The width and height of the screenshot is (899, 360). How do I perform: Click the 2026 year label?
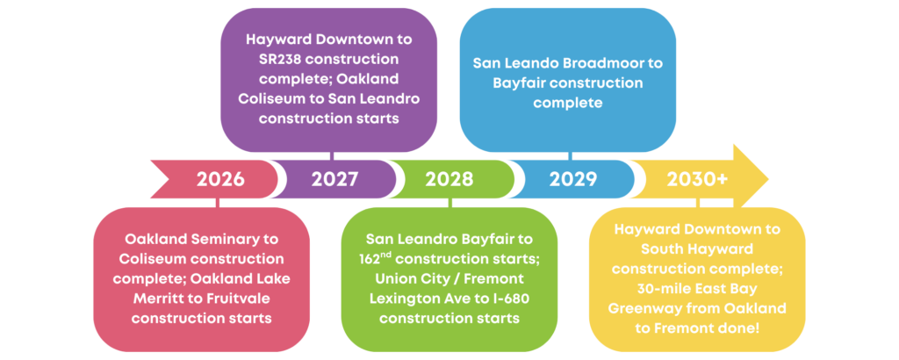220,179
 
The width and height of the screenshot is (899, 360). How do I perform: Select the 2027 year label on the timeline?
334,179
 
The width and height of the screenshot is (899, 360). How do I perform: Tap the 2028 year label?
449,179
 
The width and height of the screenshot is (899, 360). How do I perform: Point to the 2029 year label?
573,179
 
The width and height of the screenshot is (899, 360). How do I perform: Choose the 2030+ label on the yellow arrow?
697,179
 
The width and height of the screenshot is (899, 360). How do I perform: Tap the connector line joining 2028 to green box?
449,203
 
